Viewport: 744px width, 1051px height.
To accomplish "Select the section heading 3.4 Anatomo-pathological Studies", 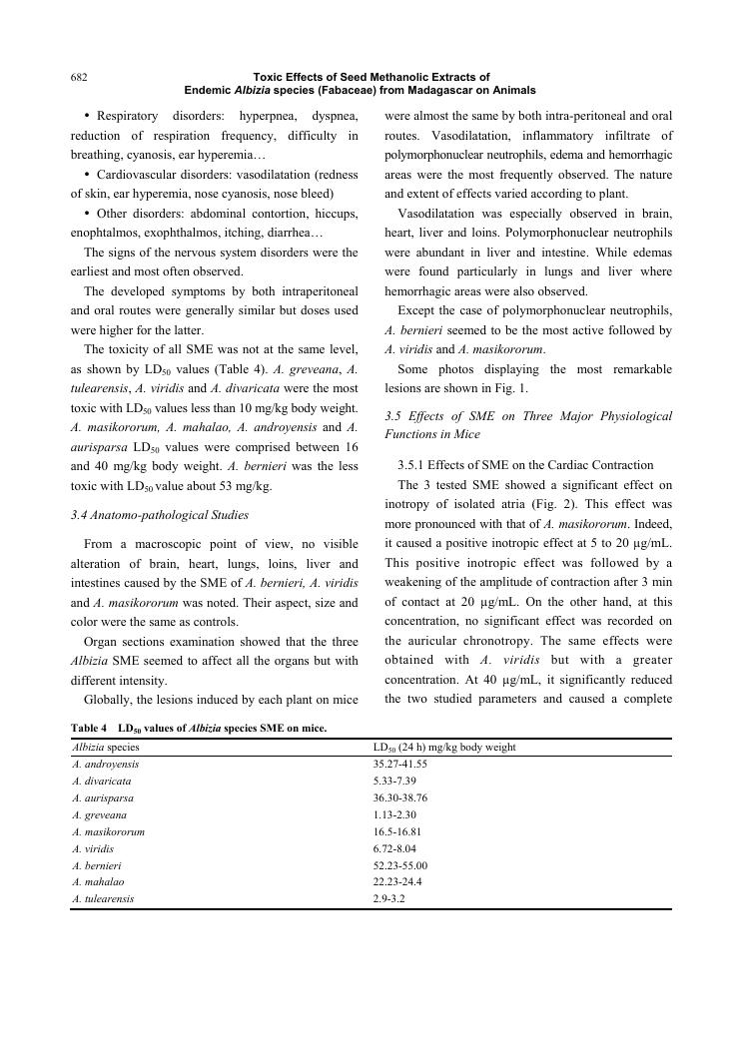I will click(x=160, y=515).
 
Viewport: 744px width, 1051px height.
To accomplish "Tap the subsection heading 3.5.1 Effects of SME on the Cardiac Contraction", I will click(x=524, y=465).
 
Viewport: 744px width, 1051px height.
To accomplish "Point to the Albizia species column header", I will click(x=106, y=747).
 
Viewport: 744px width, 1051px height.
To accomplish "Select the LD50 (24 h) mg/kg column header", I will click(x=443, y=747).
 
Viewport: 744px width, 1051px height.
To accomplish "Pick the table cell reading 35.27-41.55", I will click(x=399, y=764).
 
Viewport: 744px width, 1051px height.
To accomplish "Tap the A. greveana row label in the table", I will click(x=99, y=814).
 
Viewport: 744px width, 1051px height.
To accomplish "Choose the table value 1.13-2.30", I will click(x=393, y=814).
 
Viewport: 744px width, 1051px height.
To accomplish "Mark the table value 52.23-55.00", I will click(x=399, y=865).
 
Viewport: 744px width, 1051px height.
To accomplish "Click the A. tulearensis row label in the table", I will click(x=104, y=899).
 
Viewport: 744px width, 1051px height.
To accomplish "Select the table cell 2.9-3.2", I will click(x=388, y=899).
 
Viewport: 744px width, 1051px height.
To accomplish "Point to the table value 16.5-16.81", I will click(x=396, y=831).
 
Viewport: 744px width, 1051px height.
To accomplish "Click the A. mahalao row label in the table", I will click(x=99, y=882).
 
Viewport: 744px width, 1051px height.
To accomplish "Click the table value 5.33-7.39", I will click(x=393, y=781).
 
